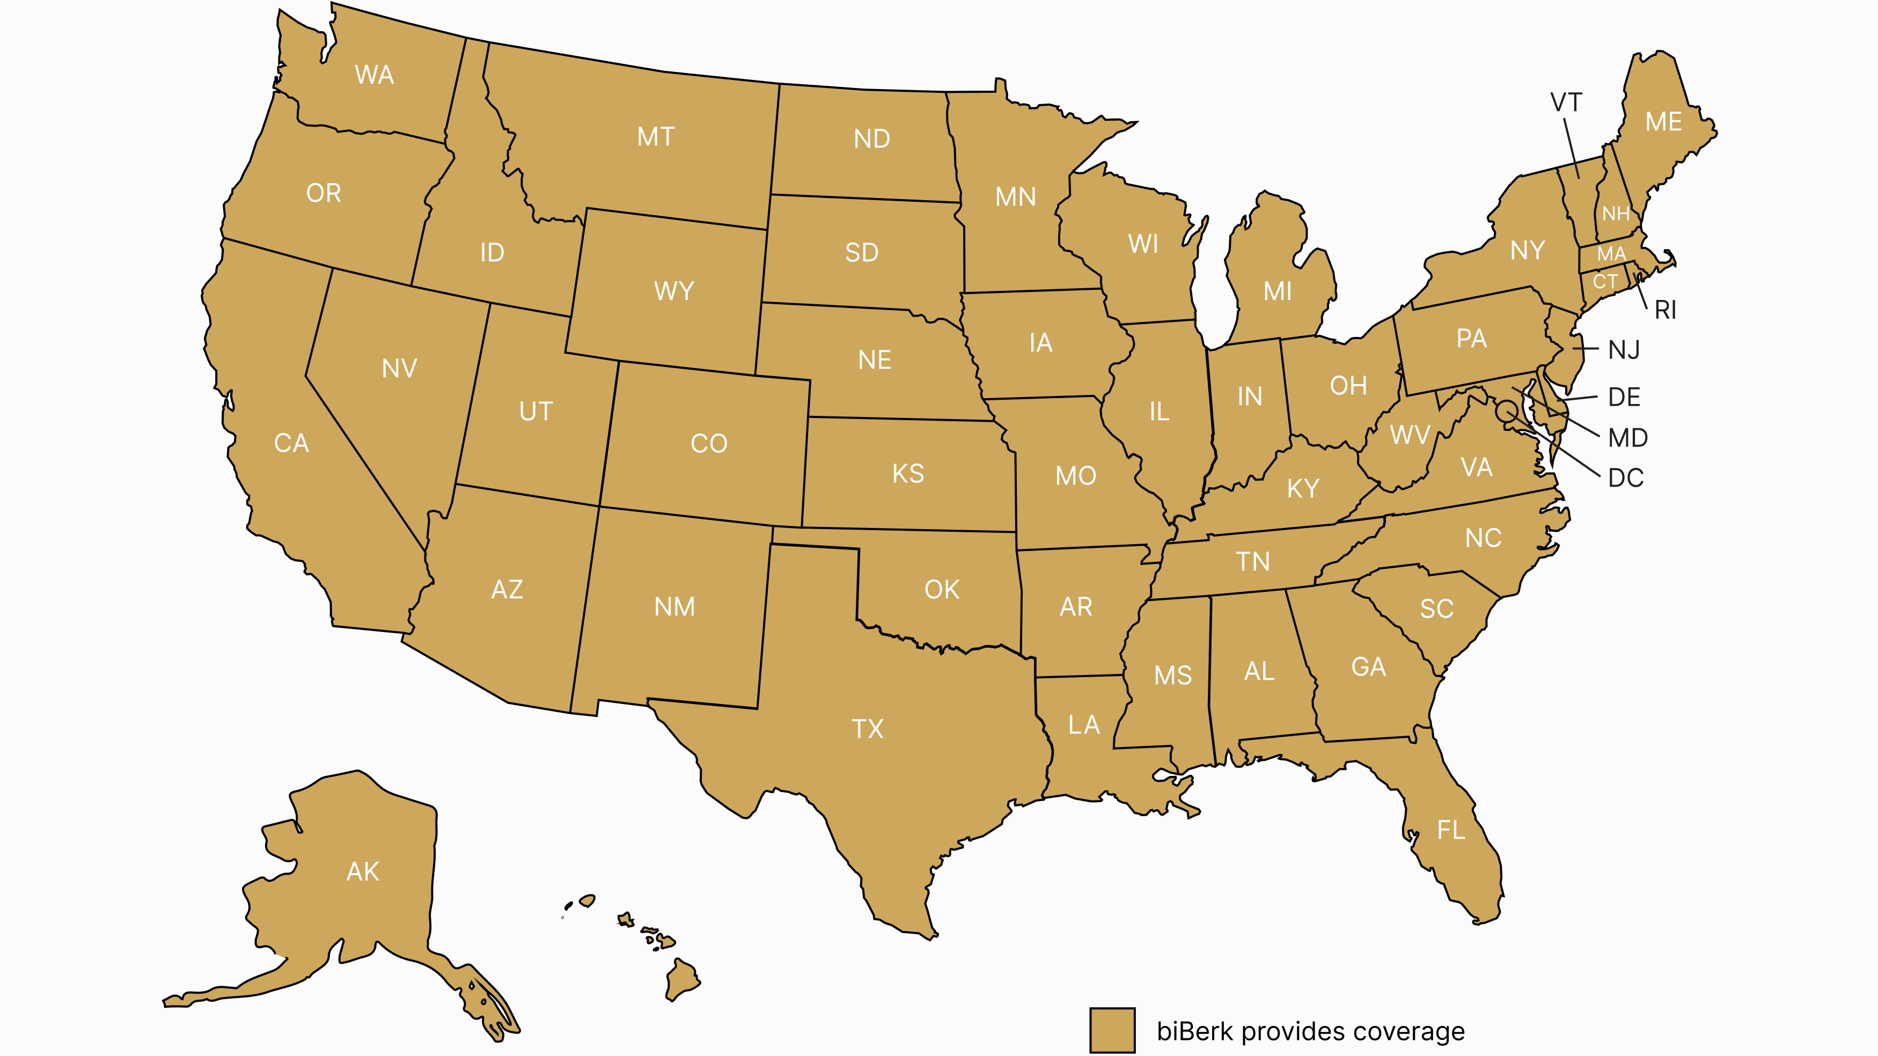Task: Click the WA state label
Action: tap(374, 75)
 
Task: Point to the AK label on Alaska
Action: tap(362, 871)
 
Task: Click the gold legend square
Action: tap(1112, 1030)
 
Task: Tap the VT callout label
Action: tap(1566, 102)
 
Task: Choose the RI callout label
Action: tap(1665, 311)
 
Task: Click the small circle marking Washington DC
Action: tap(1506, 410)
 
